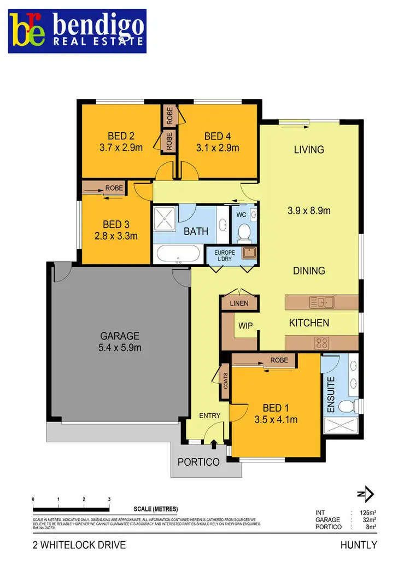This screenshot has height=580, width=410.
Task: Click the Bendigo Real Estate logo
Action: [x=77, y=31]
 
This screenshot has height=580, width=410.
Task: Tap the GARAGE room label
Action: [x=120, y=336]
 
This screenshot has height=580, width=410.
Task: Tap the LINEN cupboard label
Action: [x=239, y=303]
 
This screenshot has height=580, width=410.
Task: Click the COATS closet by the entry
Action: [x=225, y=379]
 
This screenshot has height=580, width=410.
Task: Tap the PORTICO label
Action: [x=198, y=462]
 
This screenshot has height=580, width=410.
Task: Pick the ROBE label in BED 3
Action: [x=114, y=188]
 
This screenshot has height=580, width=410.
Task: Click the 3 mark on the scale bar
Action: [x=109, y=499]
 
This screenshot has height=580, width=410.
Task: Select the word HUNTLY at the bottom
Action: [x=359, y=544]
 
